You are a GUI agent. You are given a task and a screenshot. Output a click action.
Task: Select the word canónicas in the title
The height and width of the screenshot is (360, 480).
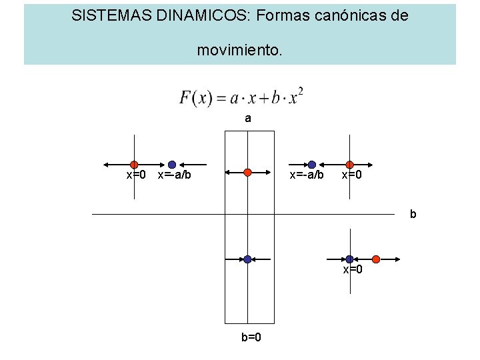(x=345, y=15)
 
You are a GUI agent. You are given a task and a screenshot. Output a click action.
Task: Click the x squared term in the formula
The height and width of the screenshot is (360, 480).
(x=297, y=96)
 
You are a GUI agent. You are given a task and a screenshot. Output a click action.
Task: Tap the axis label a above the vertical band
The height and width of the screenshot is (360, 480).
(x=248, y=119)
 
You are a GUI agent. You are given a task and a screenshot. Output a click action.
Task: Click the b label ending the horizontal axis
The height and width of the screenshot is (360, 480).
(x=413, y=214)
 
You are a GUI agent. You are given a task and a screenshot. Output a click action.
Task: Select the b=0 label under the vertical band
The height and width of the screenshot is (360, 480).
(x=251, y=337)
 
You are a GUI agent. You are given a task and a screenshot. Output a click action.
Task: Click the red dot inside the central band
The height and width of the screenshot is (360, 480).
(x=247, y=172)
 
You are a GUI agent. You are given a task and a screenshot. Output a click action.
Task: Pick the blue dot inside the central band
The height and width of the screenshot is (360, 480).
(x=247, y=259)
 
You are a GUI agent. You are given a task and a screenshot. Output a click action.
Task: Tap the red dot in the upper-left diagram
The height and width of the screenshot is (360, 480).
(x=134, y=164)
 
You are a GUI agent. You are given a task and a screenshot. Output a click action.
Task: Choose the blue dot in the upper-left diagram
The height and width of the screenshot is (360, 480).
(x=172, y=164)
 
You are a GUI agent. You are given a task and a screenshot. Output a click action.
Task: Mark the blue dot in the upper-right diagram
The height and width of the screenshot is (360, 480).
(x=311, y=164)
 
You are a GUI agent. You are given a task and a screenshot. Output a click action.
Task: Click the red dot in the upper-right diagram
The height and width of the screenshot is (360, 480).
(x=349, y=164)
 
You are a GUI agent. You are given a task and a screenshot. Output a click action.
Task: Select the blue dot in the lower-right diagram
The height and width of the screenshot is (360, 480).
(x=349, y=259)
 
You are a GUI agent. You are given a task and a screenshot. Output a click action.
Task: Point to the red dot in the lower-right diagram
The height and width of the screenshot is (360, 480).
(x=376, y=259)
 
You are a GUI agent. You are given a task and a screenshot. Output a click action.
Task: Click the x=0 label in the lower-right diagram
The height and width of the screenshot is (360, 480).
(x=353, y=270)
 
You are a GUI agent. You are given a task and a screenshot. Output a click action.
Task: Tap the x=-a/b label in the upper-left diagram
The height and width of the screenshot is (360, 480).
(x=174, y=175)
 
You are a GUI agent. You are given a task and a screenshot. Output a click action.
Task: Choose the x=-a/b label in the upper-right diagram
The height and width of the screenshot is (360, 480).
(x=306, y=175)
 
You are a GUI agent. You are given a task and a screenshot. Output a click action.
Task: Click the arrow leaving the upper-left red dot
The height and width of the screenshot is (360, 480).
(x=113, y=164)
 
